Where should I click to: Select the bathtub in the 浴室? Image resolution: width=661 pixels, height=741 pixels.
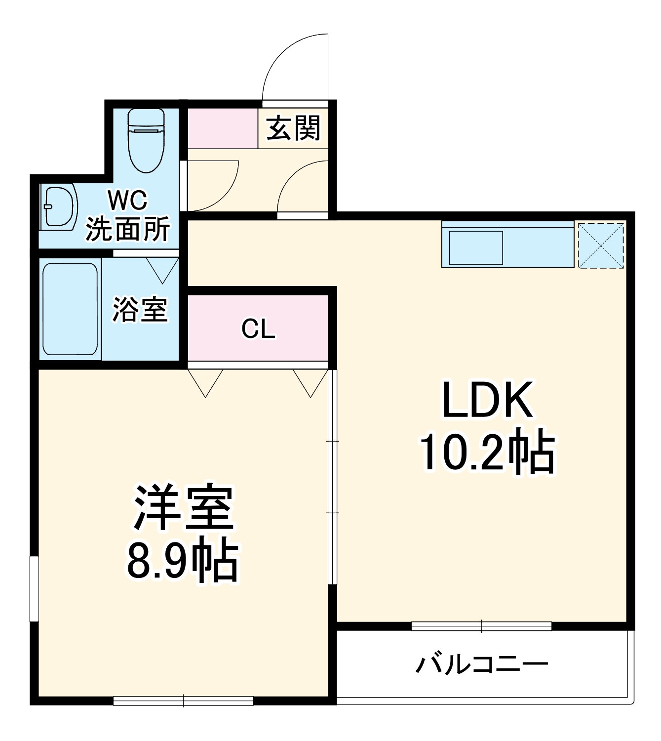tap(70, 309)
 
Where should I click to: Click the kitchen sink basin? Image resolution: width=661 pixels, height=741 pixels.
tap(475, 247)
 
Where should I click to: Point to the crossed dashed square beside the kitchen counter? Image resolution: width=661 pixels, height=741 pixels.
tap(600, 246)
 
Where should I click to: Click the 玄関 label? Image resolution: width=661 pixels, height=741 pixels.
tap(293, 128)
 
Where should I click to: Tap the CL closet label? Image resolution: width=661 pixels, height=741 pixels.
tap(258, 328)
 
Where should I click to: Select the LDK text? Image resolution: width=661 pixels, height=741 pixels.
tap(487, 400)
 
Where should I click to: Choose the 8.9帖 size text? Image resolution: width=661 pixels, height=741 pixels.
tap(183, 562)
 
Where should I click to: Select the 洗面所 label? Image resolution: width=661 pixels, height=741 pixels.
tap(128, 229)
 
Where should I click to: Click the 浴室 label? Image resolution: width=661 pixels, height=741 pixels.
tap(140, 310)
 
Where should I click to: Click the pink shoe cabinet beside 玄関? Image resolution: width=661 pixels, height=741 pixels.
tap(223, 128)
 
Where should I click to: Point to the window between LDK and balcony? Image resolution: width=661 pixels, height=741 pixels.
tap(481, 626)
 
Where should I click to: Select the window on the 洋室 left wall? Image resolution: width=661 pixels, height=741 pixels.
tap(34, 588)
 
